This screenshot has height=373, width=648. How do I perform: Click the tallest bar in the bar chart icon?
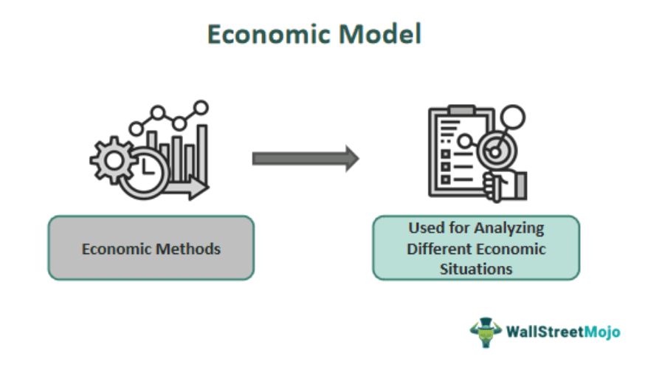coord(201,151)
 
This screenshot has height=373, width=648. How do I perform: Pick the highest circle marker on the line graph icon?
coord(200,107)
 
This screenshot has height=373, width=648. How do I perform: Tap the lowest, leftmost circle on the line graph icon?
coord(136,129)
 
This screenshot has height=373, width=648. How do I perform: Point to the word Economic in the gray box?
coord(116,248)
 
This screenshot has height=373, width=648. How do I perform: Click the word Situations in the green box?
coord(476,268)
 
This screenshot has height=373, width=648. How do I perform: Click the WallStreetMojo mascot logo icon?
coord(485,332)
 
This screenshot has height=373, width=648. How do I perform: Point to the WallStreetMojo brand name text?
coord(562,332)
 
